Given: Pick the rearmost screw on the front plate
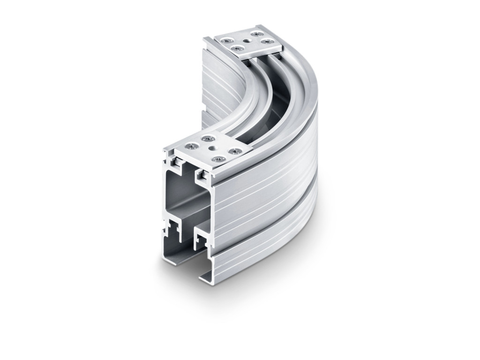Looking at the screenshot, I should click(x=207, y=138).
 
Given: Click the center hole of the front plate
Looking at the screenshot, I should click(x=214, y=149).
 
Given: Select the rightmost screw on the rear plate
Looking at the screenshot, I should click(x=268, y=42).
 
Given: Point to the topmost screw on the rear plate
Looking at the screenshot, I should click(x=255, y=34).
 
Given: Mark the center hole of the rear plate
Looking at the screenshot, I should click(x=247, y=41).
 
